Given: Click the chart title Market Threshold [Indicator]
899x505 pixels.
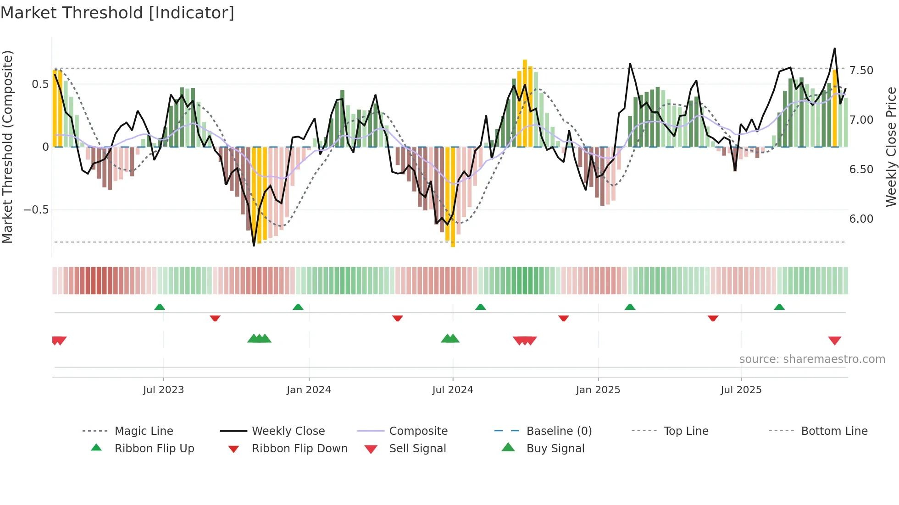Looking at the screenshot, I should [117, 13].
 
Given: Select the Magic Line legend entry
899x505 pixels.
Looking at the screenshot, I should [144, 431].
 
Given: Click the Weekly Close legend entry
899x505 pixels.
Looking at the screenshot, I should [288, 431].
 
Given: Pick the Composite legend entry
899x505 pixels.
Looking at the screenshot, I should [418, 431].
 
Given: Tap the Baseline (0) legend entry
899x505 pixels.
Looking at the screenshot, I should [559, 431].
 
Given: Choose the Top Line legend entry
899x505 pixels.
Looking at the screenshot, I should [686, 431].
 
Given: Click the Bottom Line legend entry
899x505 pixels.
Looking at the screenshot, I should [834, 431].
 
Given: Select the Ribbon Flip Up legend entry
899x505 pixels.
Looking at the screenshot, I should [154, 448].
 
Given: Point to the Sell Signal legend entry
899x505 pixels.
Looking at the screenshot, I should [417, 448].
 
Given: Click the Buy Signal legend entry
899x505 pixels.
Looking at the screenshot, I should [555, 448].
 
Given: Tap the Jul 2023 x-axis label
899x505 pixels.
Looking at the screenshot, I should [163, 390].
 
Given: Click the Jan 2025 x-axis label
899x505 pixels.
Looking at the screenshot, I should [598, 390].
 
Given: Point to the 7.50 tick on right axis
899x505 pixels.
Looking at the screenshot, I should [861, 71].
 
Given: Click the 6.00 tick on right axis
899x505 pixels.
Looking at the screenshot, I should [861, 219].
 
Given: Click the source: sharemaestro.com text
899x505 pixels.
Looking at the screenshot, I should [812, 359].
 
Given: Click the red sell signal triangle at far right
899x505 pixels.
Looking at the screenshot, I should [834, 340].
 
